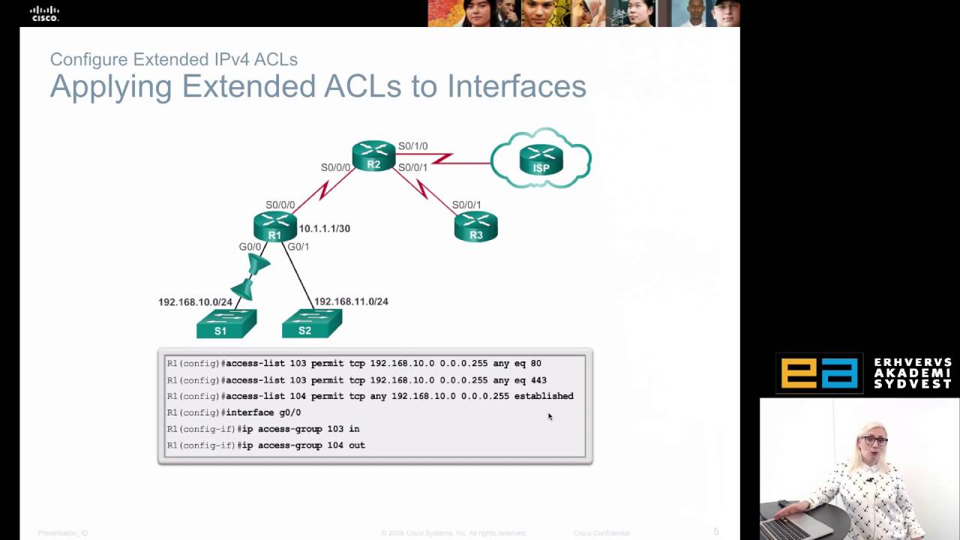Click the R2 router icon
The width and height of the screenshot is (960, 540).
click(x=373, y=155)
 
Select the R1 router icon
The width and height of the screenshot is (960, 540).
click(x=275, y=226)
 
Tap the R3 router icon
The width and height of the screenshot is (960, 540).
click(x=475, y=226)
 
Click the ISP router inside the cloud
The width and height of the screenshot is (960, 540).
click(x=541, y=159)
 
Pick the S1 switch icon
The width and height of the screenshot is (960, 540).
click(x=226, y=324)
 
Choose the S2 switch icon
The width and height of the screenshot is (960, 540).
click(x=311, y=324)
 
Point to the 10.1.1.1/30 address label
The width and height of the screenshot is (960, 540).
click(x=324, y=229)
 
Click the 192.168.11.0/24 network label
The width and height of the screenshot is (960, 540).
click(x=351, y=301)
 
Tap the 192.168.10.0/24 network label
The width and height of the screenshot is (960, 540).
click(x=195, y=302)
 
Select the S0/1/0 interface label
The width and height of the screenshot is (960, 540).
click(x=412, y=146)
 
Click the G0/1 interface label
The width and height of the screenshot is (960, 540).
click(x=298, y=247)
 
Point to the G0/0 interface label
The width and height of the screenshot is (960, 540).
click(x=250, y=247)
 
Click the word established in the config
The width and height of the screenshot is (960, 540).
click(x=543, y=396)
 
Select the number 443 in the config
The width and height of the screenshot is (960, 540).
click(x=538, y=379)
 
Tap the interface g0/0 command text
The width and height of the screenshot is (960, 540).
click(x=263, y=412)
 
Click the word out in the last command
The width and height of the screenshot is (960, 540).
click(x=357, y=445)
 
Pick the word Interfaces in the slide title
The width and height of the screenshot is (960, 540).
click(x=517, y=86)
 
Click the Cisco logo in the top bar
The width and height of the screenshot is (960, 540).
click(x=44, y=13)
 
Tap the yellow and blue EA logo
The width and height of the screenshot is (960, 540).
click(x=819, y=373)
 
